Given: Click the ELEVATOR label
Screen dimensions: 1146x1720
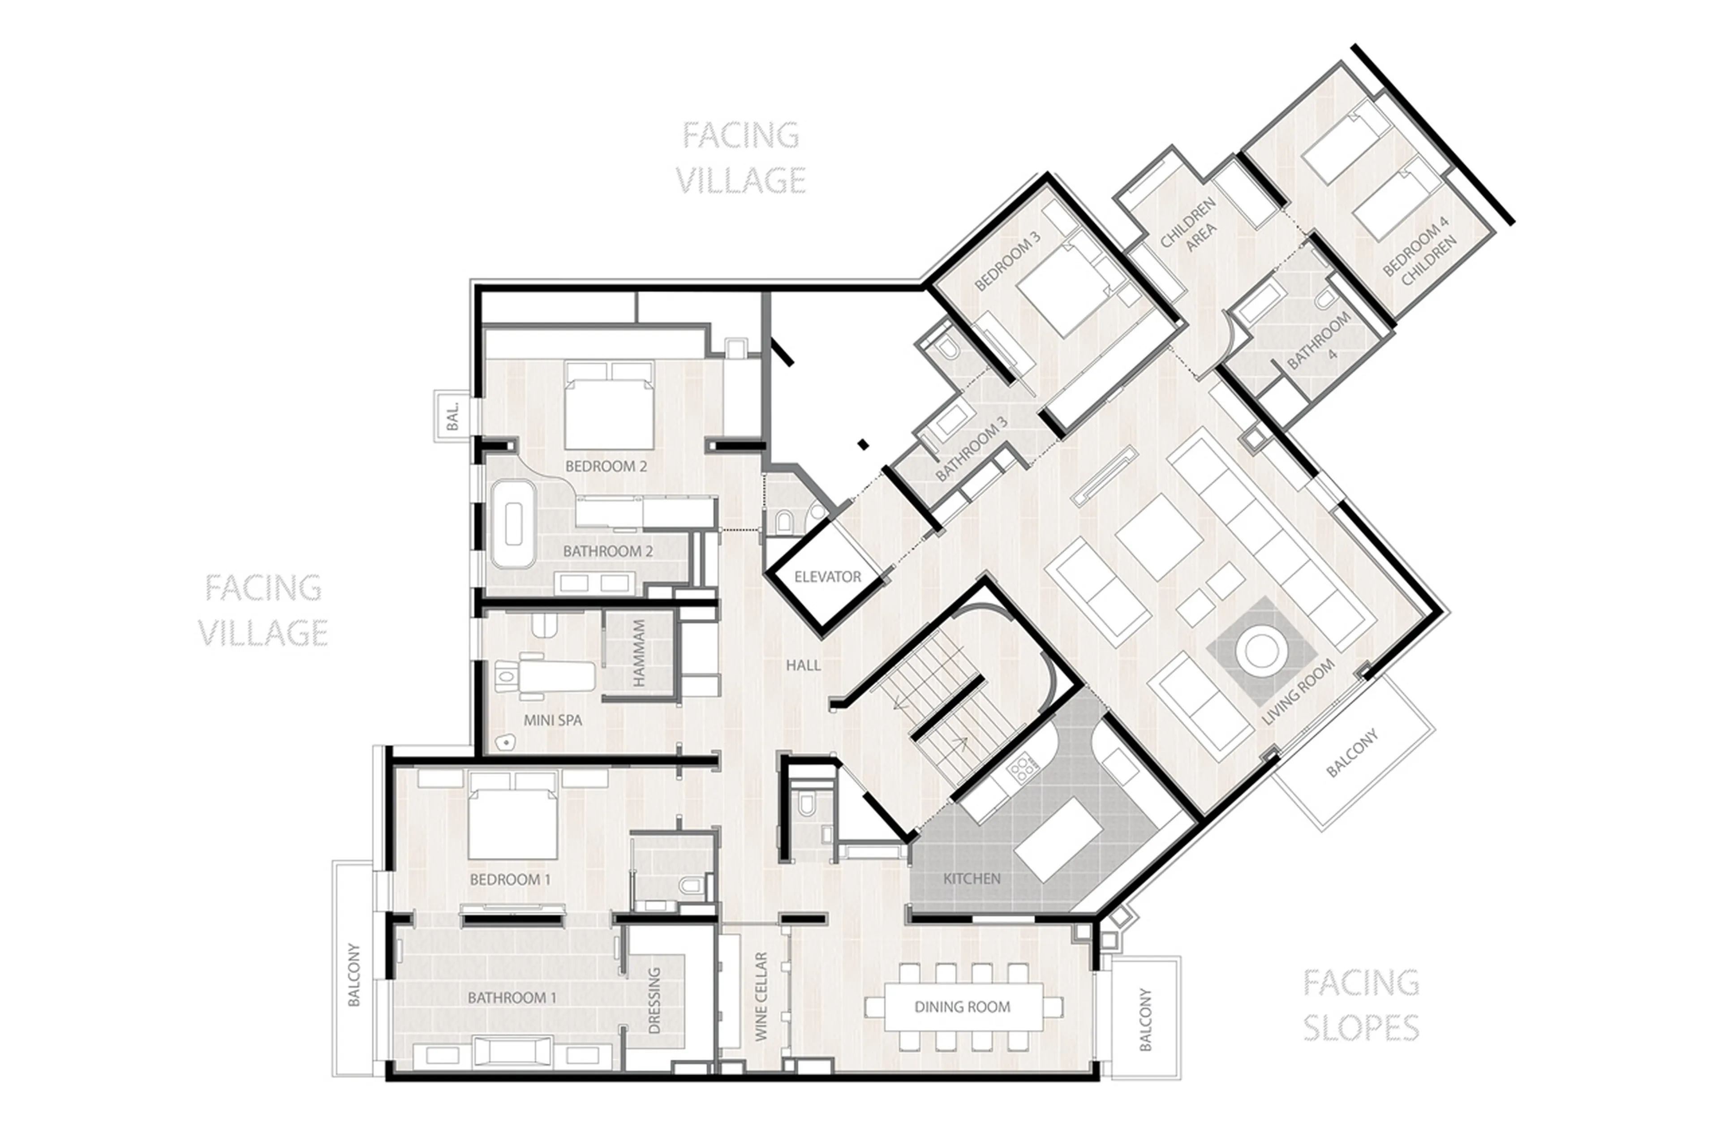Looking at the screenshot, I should [x=827, y=577].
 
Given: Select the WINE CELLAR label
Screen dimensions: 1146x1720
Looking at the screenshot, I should [x=761, y=996].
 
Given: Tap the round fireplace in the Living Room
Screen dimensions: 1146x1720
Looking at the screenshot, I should [x=1260, y=650].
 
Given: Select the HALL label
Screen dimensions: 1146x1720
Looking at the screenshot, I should [x=803, y=665].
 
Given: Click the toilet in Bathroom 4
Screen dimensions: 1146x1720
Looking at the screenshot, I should [x=1324, y=299].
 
